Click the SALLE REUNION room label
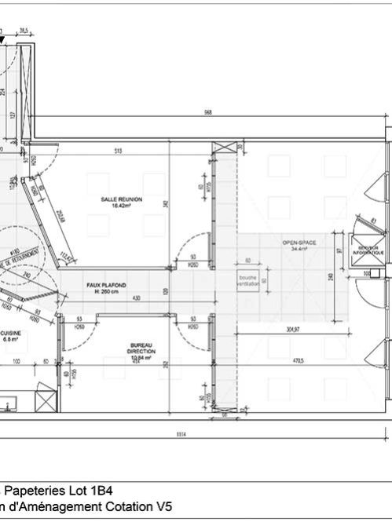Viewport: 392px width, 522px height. [121, 199]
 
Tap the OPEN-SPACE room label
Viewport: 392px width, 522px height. [299, 243]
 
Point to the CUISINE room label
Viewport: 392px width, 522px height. [11, 334]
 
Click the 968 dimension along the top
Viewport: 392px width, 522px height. [207, 113]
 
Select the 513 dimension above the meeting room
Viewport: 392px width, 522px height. [118, 151]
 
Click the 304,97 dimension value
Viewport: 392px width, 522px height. [294, 330]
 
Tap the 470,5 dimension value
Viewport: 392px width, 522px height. [299, 360]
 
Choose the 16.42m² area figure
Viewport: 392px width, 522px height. [121, 206]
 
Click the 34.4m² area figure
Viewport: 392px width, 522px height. [299, 249]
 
